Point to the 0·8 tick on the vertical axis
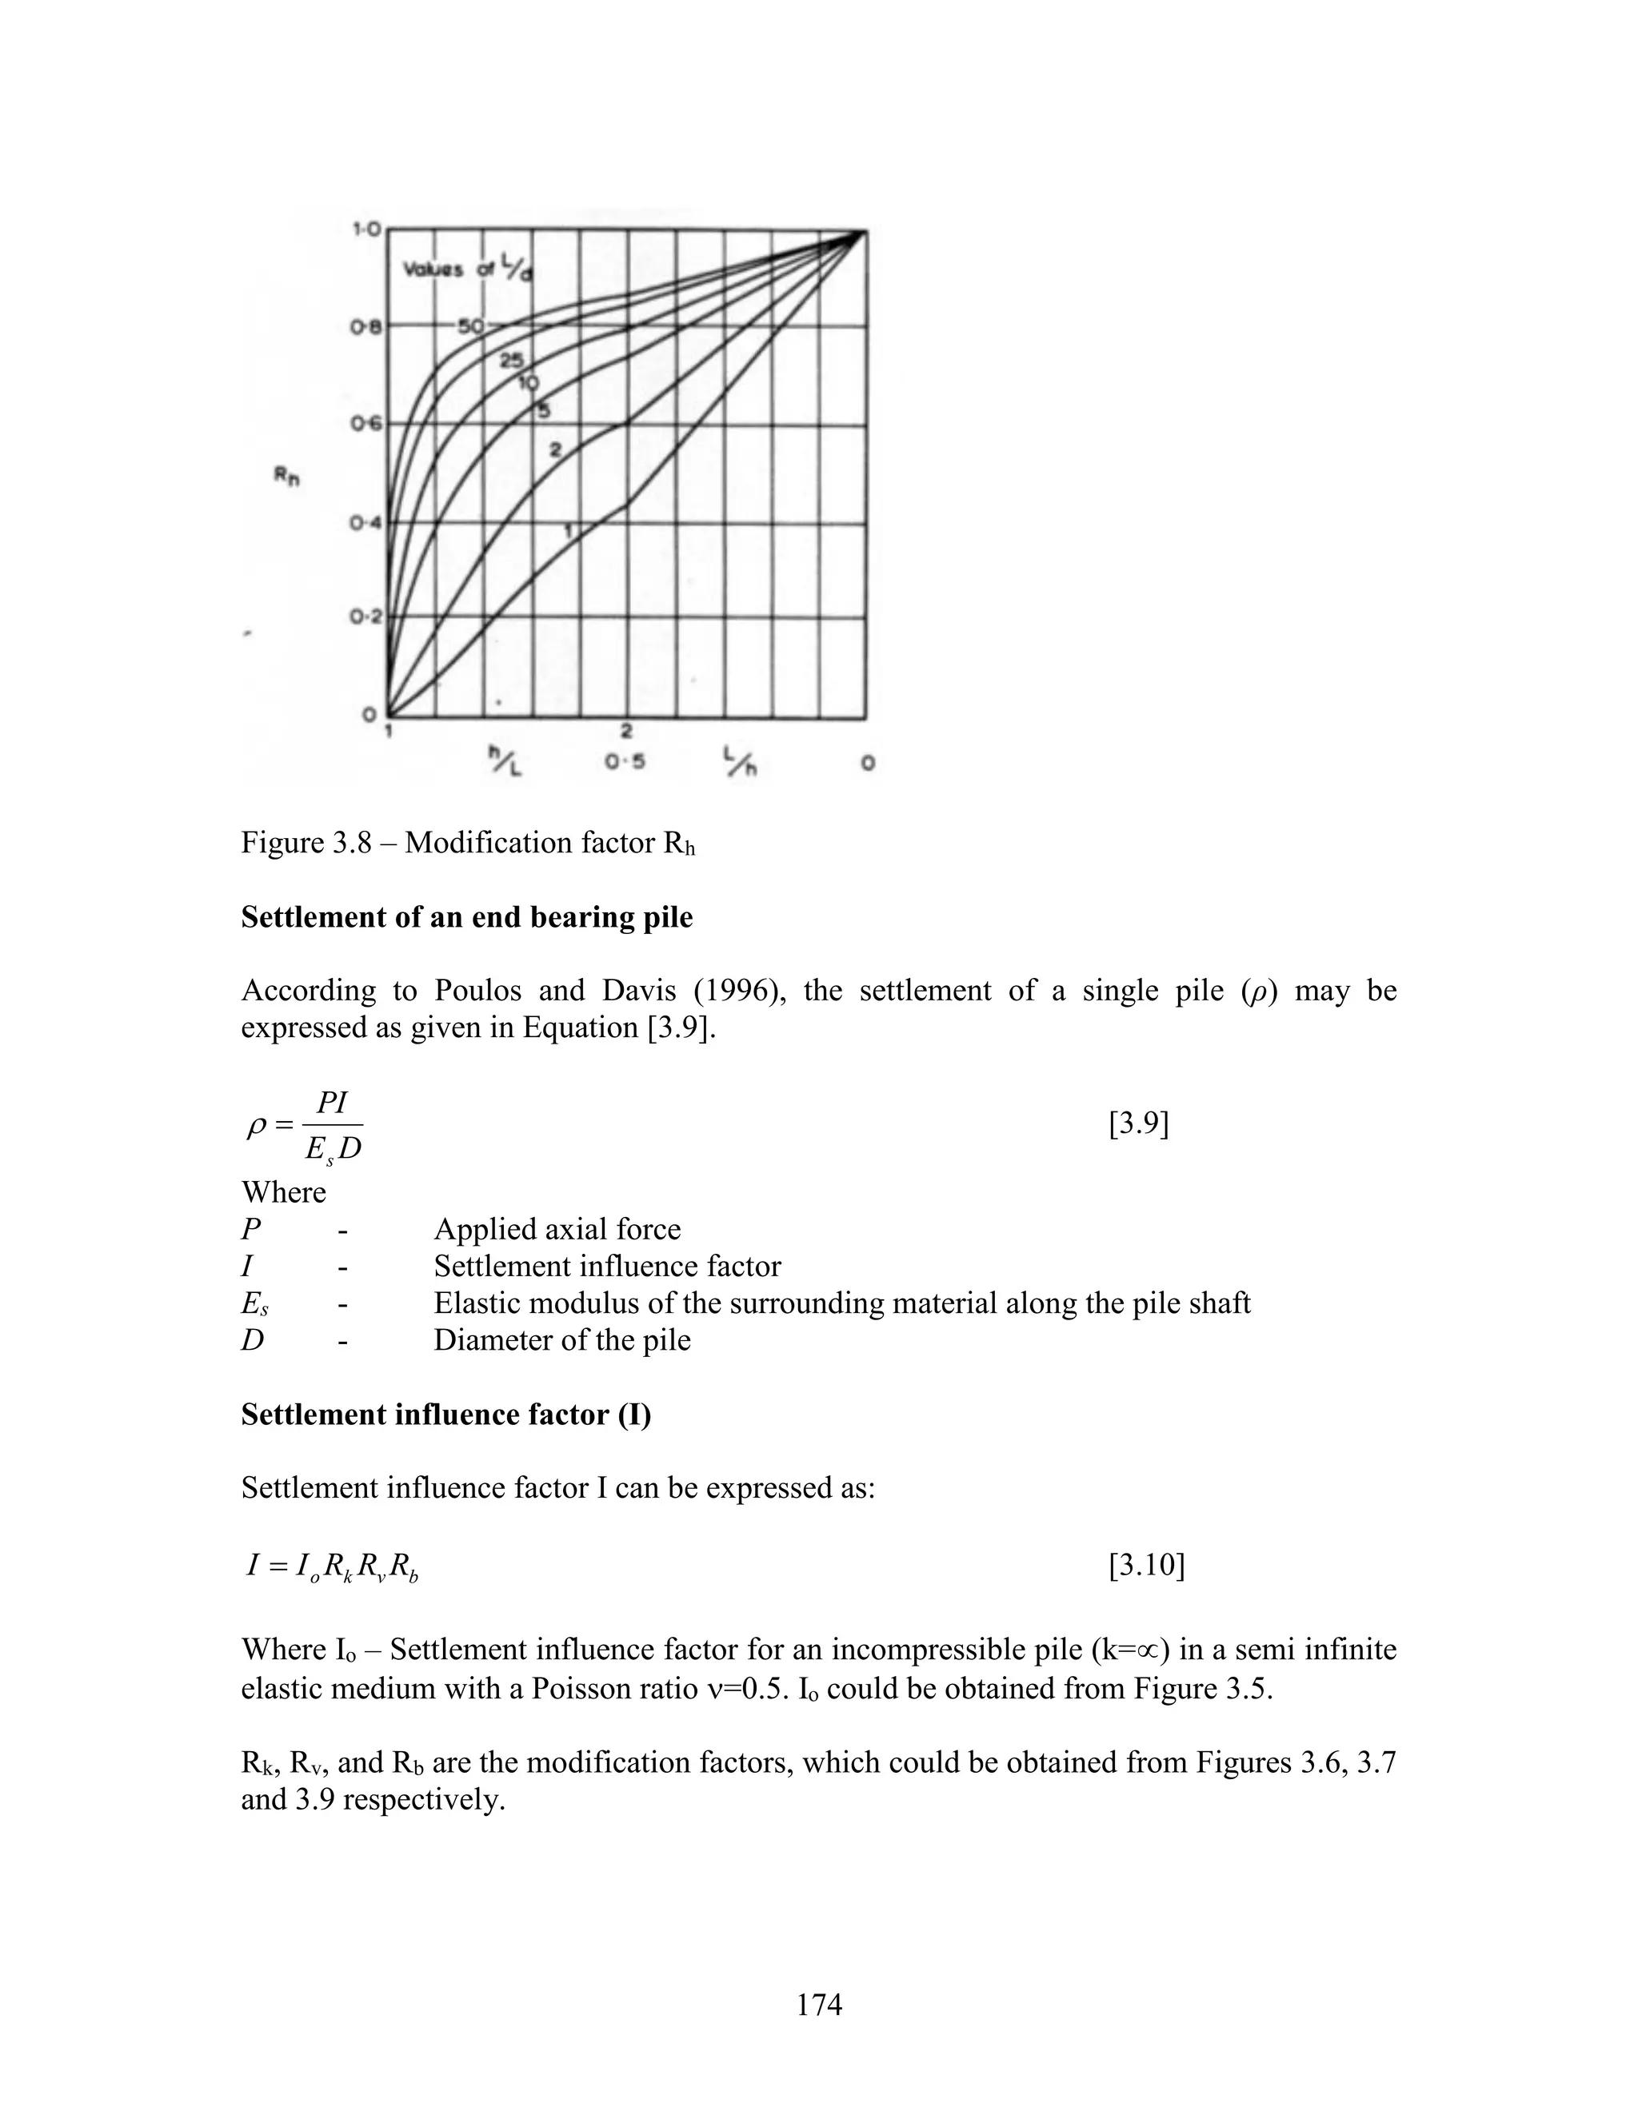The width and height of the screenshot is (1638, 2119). [x=366, y=328]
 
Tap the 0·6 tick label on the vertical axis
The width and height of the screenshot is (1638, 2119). [x=366, y=424]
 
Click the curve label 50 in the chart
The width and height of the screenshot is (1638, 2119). [x=469, y=326]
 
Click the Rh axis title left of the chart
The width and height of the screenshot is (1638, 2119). [x=286, y=477]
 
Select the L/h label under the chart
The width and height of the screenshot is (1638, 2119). [x=740, y=760]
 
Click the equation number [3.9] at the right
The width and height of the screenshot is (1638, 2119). [x=1138, y=1123]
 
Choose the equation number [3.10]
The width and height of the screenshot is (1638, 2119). [x=1146, y=1565]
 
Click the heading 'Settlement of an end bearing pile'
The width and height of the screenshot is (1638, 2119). [x=467, y=917]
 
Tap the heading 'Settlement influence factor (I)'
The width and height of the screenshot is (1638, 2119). [x=445, y=1414]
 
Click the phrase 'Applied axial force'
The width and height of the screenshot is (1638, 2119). [x=557, y=1229]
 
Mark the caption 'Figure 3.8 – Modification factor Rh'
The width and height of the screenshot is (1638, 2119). [x=468, y=843]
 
